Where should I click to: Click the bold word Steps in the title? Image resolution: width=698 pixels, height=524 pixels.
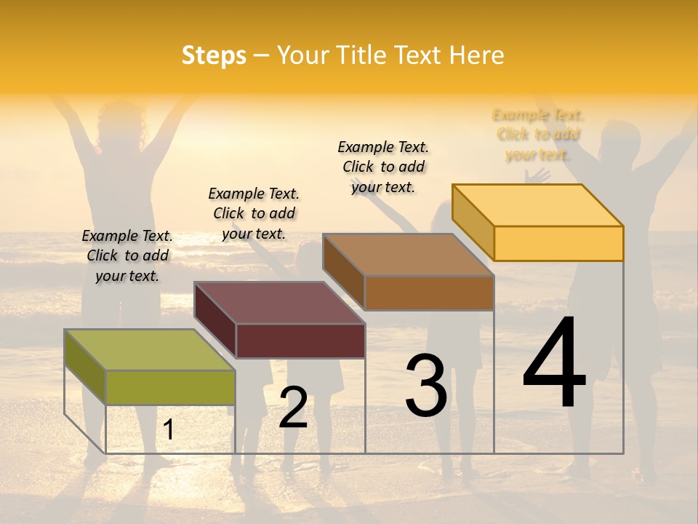point(214,55)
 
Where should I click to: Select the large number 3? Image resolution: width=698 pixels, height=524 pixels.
point(426,386)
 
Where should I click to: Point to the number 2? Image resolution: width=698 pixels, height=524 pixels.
point(293,408)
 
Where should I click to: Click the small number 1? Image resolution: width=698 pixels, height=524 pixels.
point(169,430)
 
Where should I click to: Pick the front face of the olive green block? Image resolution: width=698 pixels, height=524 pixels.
point(170,387)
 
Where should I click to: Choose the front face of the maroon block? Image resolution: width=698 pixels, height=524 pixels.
point(300,341)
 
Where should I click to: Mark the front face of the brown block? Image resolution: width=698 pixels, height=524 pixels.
point(429,293)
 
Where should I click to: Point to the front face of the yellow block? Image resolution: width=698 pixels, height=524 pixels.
point(558,243)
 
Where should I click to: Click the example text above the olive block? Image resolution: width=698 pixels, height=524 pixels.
point(127,255)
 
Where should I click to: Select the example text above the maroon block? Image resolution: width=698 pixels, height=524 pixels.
point(254,213)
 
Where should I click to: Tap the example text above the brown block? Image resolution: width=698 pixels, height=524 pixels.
point(383,167)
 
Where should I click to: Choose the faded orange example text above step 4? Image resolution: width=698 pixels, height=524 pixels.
point(538,135)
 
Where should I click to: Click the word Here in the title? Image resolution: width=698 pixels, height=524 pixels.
point(477,55)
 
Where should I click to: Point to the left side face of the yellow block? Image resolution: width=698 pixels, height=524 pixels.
point(473,222)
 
